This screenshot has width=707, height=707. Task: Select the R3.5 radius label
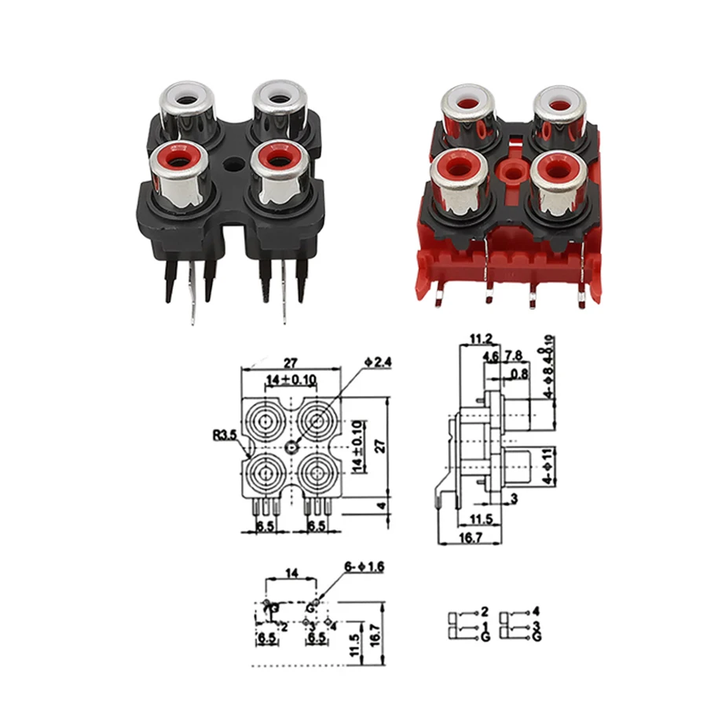point(223,433)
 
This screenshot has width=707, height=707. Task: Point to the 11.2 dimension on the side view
point(481,339)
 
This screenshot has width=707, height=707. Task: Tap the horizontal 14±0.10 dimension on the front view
point(290,379)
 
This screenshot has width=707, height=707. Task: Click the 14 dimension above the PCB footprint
point(291,574)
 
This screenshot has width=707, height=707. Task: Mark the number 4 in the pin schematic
point(537,611)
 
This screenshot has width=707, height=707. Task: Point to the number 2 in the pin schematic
point(485,611)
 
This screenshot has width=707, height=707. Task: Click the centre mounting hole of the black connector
point(233,167)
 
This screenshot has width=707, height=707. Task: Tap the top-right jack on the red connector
point(560,106)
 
